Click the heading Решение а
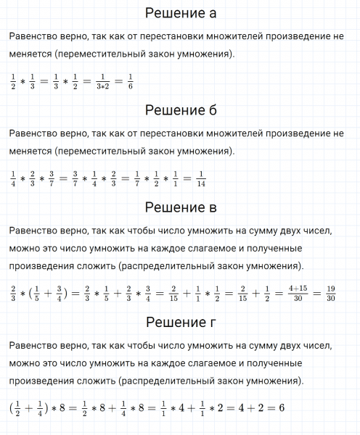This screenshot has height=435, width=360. click(x=180, y=14)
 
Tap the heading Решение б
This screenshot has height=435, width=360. click(x=180, y=111)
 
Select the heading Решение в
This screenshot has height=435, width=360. click(x=180, y=209)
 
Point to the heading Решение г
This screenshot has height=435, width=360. click(x=180, y=323)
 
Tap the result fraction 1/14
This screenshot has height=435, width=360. click(x=201, y=178)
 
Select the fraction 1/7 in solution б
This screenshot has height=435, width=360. click(x=136, y=178)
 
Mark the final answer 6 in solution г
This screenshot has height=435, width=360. click(x=281, y=407)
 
